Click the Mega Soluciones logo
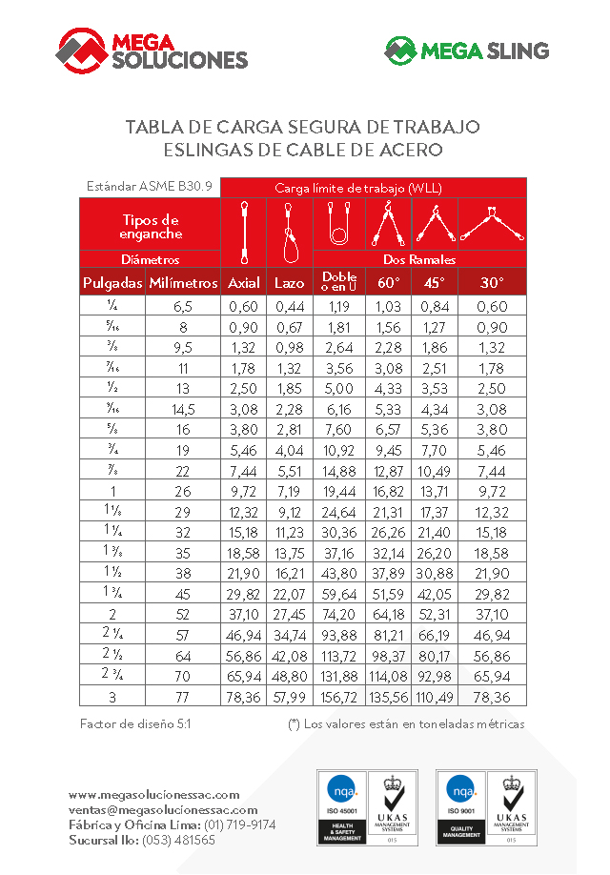152,49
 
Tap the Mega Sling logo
466,50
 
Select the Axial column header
244,282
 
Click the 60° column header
388,282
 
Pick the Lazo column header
290,282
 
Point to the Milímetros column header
183,282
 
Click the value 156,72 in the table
339,698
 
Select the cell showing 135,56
388,698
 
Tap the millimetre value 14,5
183,409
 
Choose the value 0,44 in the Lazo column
290,306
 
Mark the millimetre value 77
183,698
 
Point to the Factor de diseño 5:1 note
135,724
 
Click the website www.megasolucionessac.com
153,794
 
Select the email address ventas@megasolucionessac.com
163,809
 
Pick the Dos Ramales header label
419,258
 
